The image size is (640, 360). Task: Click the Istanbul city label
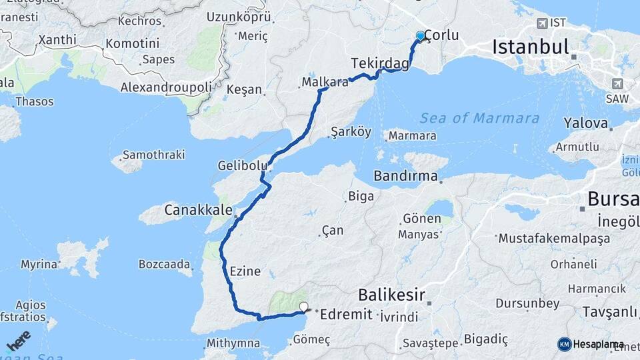531,47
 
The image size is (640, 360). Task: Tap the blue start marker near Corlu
420,36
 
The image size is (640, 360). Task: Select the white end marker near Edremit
305,307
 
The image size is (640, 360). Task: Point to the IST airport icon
542,23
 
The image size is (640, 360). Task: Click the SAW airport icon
618,84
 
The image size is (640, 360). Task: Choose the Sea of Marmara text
479,118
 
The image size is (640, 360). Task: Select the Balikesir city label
391,294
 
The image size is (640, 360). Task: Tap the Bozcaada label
165,264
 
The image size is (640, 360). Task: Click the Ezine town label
245,271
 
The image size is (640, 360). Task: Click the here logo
18,340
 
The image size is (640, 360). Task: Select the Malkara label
325,83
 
